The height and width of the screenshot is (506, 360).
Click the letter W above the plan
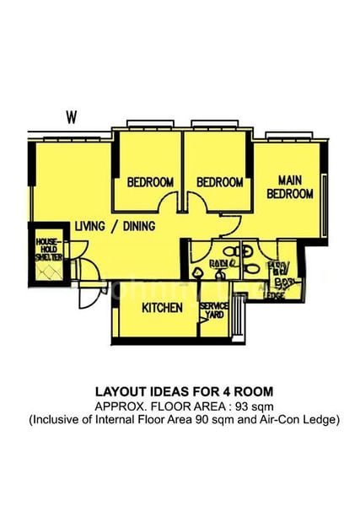[71, 117]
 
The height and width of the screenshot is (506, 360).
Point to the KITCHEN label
[162, 309]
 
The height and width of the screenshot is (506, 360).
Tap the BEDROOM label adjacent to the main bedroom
[220, 182]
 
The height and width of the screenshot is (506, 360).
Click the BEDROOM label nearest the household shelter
[150, 182]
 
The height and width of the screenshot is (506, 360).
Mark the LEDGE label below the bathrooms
[275, 295]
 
